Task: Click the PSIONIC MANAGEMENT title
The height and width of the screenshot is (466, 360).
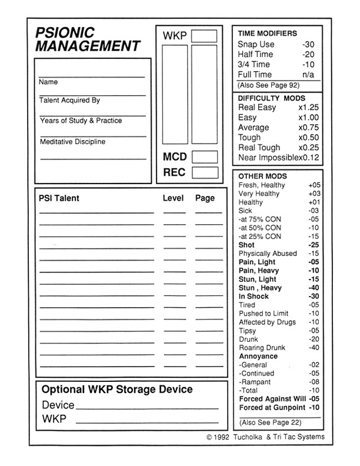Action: tap(86, 39)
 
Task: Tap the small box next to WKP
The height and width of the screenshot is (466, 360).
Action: tap(204, 36)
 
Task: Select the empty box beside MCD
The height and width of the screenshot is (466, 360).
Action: tap(204, 157)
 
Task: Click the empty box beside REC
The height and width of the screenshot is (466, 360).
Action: tap(204, 173)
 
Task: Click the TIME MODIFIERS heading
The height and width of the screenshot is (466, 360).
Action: tap(267, 34)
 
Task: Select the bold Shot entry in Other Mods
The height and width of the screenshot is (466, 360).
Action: tap(246, 245)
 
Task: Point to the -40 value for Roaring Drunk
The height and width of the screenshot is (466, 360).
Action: tap(313, 348)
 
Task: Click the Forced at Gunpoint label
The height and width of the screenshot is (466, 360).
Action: tap(272, 407)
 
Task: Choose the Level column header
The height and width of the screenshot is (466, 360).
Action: tap(173, 198)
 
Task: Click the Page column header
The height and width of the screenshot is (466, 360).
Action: tap(205, 198)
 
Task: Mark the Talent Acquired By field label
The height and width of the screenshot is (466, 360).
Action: tap(69, 101)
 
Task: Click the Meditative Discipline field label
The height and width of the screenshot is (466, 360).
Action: tap(72, 142)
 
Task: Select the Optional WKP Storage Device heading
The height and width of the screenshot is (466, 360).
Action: tap(117, 390)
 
